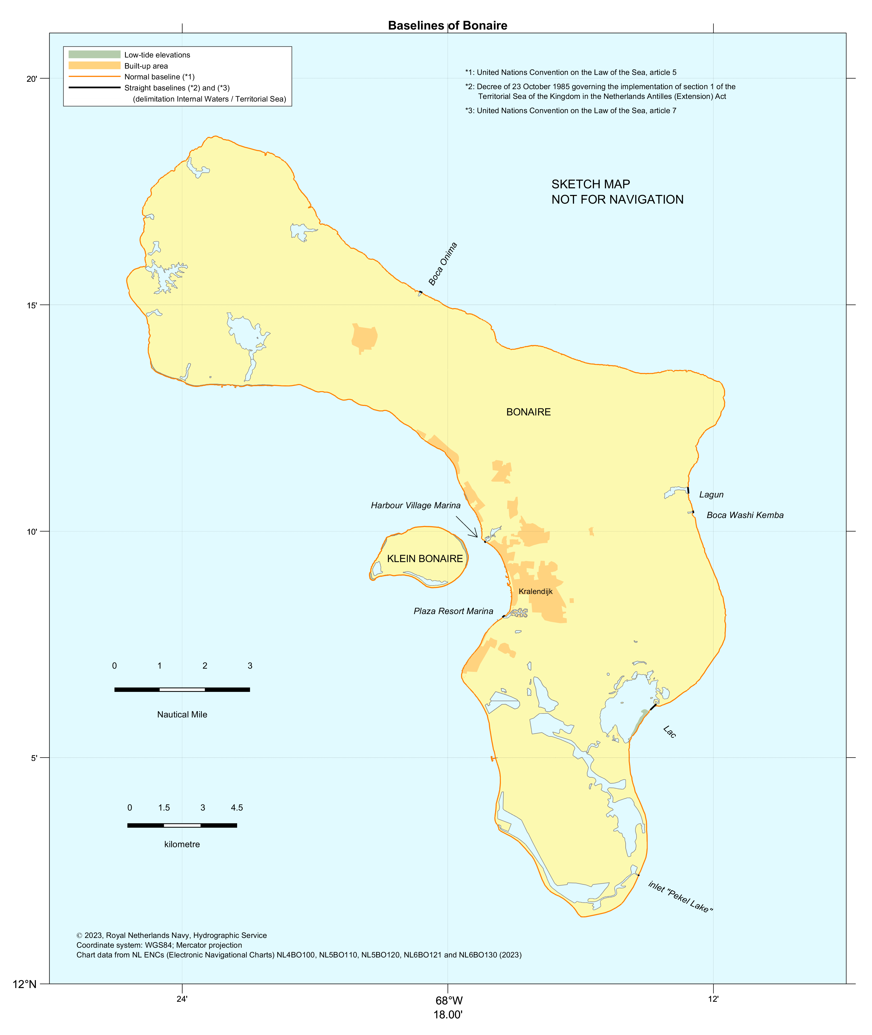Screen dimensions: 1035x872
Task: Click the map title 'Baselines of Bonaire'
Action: point(447,26)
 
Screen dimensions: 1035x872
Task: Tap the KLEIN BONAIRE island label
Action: point(425,559)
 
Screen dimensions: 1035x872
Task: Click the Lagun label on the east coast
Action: point(711,495)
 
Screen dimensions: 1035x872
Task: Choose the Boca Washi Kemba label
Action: point(744,515)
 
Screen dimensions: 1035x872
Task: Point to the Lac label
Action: point(669,731)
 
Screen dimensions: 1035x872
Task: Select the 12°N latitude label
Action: point(25,984)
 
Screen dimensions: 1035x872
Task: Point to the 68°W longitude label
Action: point(449,1001)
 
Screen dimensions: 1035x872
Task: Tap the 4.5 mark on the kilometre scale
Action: point(237,808)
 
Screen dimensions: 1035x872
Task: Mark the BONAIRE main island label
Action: point(528,412)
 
